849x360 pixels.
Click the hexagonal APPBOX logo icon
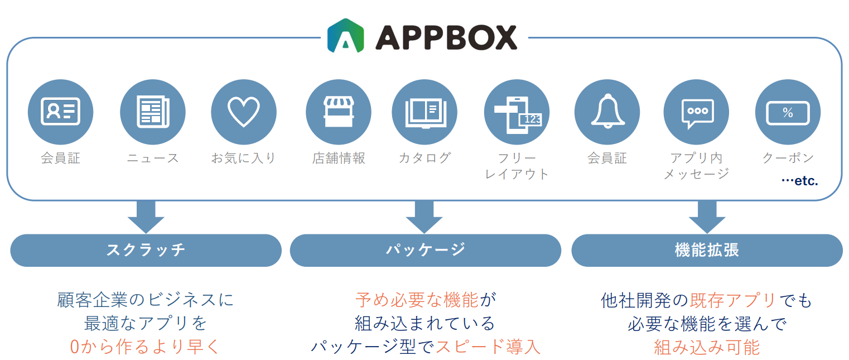pyautogui.click(x=346, y=36)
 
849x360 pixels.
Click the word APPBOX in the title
pyautogui.click(x=446, y=37)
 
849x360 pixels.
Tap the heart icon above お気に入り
pyautogui.click(x=244, y=112)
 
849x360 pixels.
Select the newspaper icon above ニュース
pyautogui.click(x=153, y=112)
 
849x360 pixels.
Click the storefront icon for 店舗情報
pyautogui.click(x=339, y=112)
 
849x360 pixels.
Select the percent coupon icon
pyautogui.click(x=788, y=113)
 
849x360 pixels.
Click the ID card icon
pyautogui.click(x=61, y=112)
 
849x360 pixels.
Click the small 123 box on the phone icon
pyautogui.click(x=530, y=119)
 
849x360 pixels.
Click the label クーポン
pyautogui.click(x=788, y=158)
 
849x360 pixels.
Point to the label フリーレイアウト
pyautogui.click(x=517, y=166)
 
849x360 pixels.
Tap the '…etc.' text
pyautogui.click(x=800, y=181)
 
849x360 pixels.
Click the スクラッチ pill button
pyautogui.click(x=146, y=251)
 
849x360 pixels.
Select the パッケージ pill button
pyautogui.click(x=425, y=251)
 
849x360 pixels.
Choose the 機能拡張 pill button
pyautogui.click(x=707, y=251)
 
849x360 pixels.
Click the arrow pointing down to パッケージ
pyautogui.click(x=424, y=217)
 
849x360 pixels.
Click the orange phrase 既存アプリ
pyautogui.click(x=733, y=300)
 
